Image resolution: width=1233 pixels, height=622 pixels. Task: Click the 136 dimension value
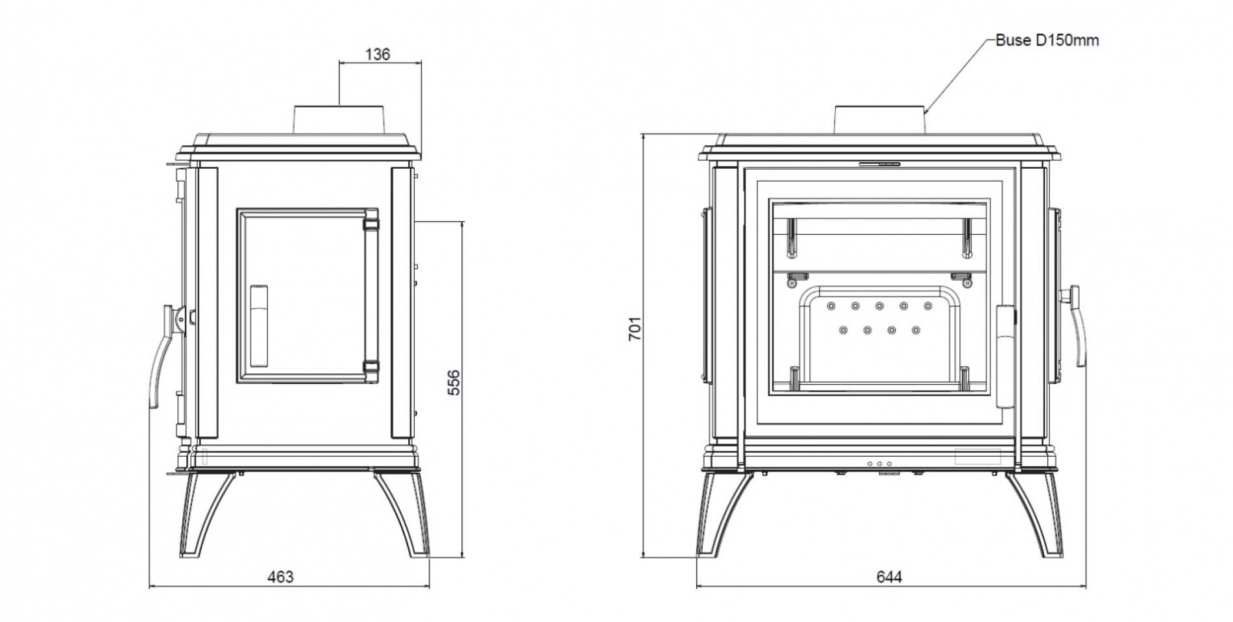point(378,54)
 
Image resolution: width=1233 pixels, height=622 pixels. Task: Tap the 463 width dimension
point(281,576)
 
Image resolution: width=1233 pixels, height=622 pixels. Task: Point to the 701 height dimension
point(635,328)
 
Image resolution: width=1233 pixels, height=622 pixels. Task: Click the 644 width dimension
point(889,576)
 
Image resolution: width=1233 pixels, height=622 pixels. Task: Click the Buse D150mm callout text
point(1047,40)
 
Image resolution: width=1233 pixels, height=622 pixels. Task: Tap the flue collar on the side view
point(341,120)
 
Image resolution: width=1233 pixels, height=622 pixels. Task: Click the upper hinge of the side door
point(371,223)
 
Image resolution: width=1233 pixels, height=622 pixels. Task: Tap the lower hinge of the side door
point(371,366)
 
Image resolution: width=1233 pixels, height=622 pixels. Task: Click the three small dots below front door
point(879,464)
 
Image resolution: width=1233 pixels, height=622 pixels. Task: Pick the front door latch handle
point(1006,356)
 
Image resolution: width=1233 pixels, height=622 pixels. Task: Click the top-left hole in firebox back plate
point(831,305)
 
